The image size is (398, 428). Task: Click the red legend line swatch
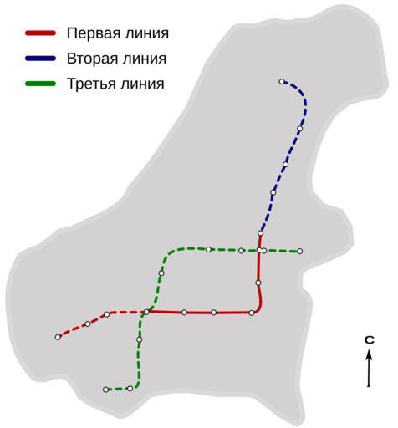click(x=41, y=33)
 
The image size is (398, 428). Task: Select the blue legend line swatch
click(x=41, y=59)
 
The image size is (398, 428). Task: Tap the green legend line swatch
click(x=41, y=84)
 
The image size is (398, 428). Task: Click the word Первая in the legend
click(x=90, y=33)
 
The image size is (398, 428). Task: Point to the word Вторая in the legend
click(x=90, y=59)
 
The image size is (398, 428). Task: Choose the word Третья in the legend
click(x=89, y=84)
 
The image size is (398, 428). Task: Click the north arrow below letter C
click(x=369, y=369)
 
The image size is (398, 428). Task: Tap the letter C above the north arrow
click(x=370, y=340)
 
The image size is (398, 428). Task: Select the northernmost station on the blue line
click(x=282, y=82)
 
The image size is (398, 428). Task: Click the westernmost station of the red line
click(x=58, y=337)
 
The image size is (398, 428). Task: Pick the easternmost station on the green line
click(x=299, y=252)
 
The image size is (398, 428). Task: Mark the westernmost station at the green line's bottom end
click(x=105, y=390)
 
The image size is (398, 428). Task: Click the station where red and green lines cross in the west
click(x=146, y=312)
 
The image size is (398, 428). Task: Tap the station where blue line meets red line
click(x=261, y=233)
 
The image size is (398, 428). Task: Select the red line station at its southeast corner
click(x=252, y=313)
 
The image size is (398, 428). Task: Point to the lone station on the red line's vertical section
click(x=258, y=283)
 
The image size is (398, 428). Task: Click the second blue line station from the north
click(x=300, y=129)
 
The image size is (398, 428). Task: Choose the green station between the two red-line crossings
click(x=161, y=273)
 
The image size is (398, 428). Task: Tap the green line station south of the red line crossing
click(x=140, y=339)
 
